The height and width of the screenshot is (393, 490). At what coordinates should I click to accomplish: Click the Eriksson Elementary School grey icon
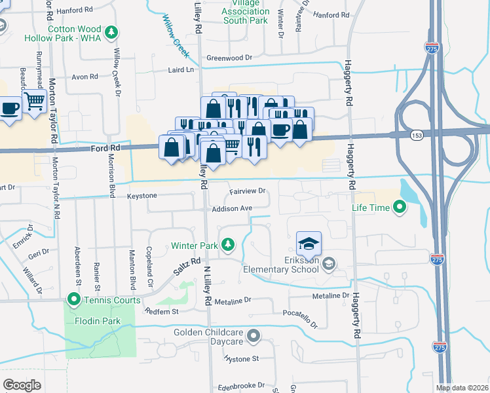[x=330, y=263]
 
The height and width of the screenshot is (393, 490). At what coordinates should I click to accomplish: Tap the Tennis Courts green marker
[x=71, y=301]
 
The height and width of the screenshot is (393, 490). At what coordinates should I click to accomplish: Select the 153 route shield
[x=417, y=135]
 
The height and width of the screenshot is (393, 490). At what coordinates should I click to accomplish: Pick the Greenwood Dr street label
[x=229, y=58]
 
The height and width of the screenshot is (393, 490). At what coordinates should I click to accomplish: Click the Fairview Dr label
[x=247, y=191]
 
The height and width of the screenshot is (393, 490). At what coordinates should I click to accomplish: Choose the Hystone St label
[x=242, y=358]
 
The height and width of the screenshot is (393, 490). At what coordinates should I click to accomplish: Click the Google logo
[x=22, y=385]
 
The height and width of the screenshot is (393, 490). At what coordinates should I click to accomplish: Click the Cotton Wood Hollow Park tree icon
[x=112, y=31]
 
